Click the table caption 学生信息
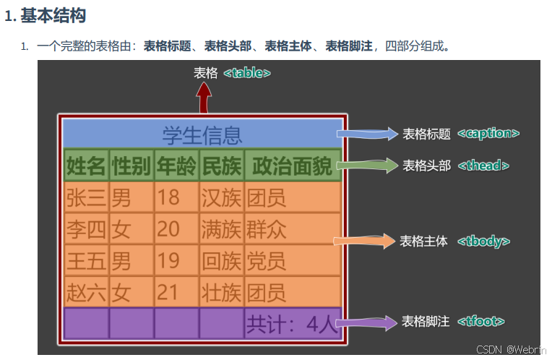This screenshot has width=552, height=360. pyautogui.click(x=202, y=134)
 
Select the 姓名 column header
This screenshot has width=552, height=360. pyautogui.click(x=86, y=166)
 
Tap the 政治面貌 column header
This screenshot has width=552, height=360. pyautogui.click(x=292, y=166)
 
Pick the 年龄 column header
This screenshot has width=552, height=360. pyautogui.click(x=176, y=166)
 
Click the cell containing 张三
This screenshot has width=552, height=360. pyautogui.click(x=86, y=197)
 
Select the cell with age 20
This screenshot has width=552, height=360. pyautogui.click(x=168, y=229)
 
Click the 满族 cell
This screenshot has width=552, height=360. pyautogui.click(x=221, y=229)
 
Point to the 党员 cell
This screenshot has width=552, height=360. pyautogui.click(x=267, y=261)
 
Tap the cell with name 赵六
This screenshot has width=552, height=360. pyautogui.click(x=86, y=293)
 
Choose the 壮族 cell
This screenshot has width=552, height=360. pyautogui.click(x=221, y=293)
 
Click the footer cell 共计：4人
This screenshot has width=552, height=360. pyautogui.click(x=292, y=324)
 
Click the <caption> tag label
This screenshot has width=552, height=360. pyautogui.click(x=488, y=134)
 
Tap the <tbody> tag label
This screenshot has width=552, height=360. pyautogui.click(x=483, y=241)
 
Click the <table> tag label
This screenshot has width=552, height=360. pyautogui.click(x=247, y=73)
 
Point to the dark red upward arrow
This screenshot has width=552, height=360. pyautogui.click(x=204, y=95)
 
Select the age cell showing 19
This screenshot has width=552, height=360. pyautogui.click(x=168, y=261)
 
